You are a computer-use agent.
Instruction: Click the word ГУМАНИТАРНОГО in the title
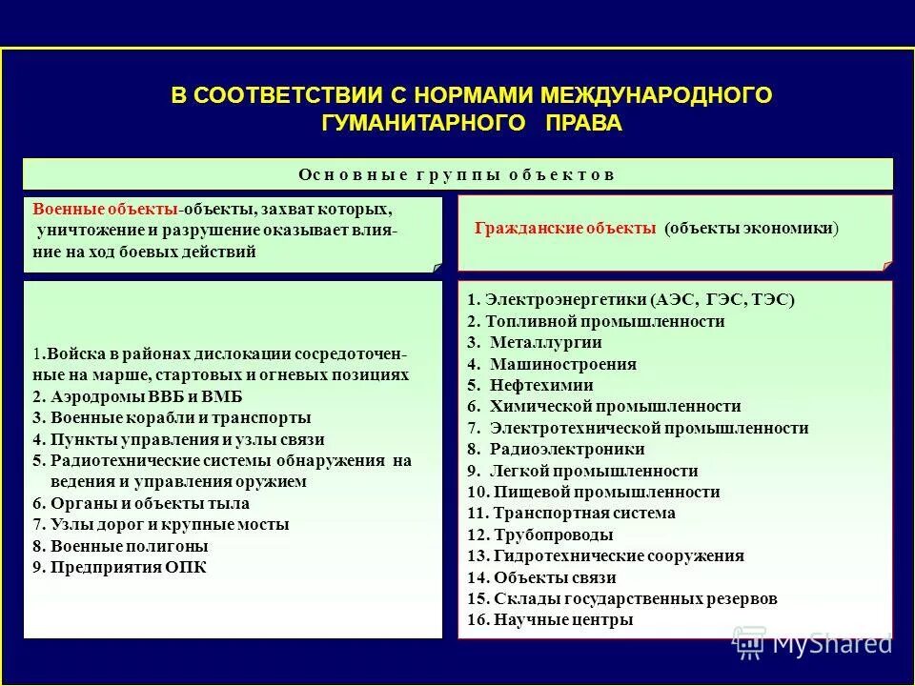point(423,123)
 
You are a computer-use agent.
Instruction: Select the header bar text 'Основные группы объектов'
point(457,174)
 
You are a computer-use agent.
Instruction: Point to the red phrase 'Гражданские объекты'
point(565,229)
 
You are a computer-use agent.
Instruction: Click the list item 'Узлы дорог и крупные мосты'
point(167,524)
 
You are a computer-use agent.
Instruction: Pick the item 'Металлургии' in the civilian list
point(545,342)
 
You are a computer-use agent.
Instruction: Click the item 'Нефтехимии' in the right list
point(541,385)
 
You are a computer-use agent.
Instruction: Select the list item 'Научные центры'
point(562,619)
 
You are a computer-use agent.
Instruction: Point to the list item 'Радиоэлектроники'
point(567,449)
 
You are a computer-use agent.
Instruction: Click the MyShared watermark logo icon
point(749,642)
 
